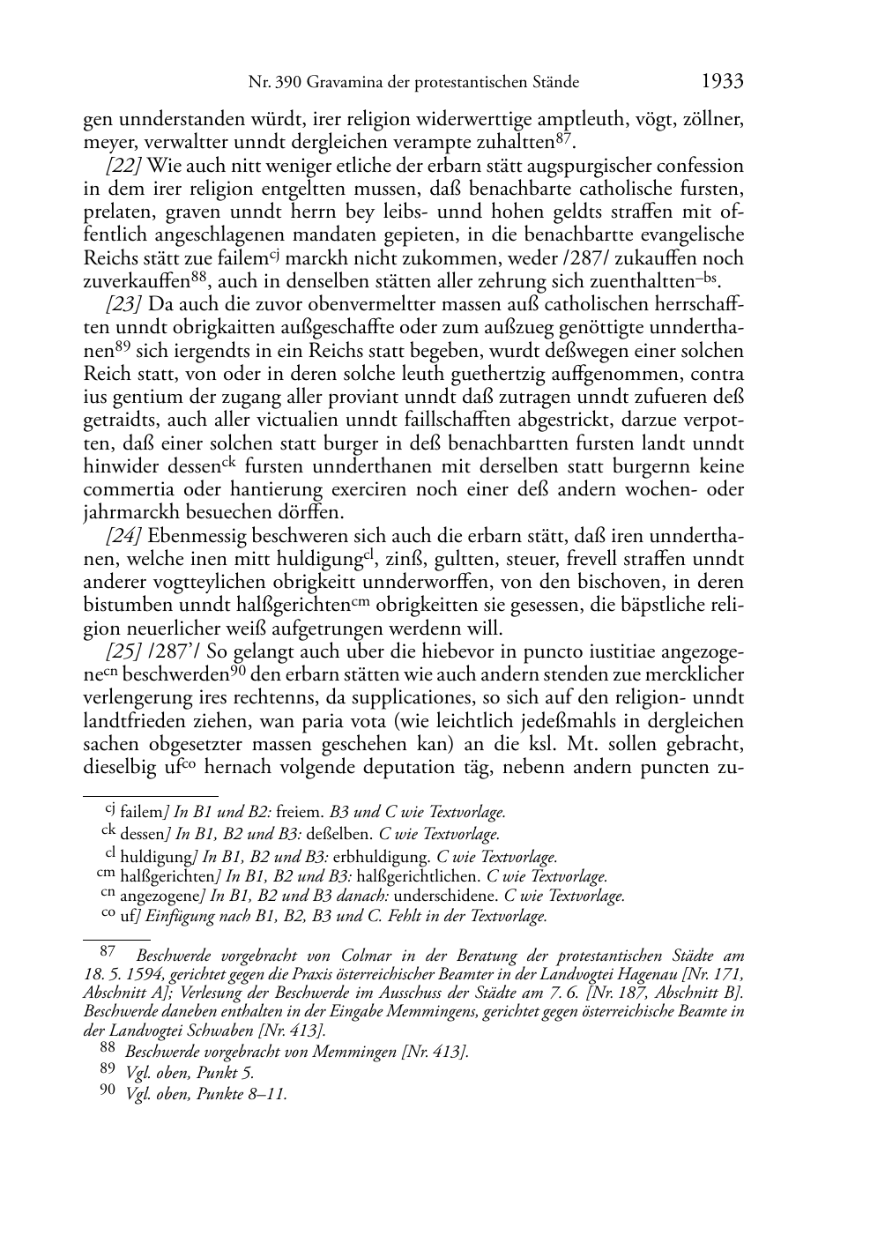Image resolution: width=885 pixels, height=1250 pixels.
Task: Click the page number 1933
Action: coord(723,82)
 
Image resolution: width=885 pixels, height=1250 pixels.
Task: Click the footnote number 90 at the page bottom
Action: coord(108,1093)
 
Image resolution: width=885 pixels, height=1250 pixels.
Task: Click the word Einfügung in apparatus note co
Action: coord(182,917)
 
